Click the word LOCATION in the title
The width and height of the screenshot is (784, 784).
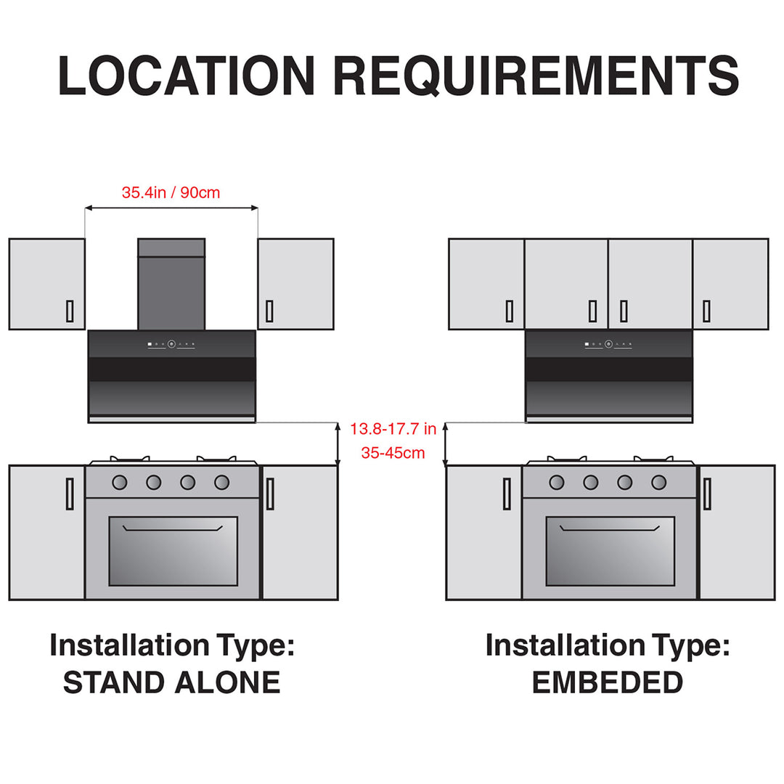186,75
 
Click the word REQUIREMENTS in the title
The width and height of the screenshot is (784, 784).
536,75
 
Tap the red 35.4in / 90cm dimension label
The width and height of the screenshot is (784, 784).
171,193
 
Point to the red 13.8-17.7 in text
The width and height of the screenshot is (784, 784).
393,429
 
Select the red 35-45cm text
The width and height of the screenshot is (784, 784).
393,453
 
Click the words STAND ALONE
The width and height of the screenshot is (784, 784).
171,682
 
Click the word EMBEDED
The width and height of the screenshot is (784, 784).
608,682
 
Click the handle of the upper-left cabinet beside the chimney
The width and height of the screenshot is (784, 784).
70,311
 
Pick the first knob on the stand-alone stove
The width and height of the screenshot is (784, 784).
120,482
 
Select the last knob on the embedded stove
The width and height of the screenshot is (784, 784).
659,482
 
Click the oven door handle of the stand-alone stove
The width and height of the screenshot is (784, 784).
173,528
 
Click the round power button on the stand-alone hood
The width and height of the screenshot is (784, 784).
171,344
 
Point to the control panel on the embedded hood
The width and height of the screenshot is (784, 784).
608,344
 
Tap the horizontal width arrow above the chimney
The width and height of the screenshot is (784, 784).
171,208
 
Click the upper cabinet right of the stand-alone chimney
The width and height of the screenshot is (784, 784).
295,284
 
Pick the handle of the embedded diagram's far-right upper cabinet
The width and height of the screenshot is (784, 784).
706,311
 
